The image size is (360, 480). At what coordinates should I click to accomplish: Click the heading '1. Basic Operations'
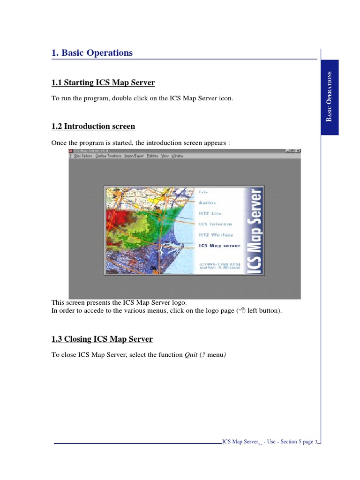92,53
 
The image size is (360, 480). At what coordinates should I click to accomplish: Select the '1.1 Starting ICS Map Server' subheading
103,83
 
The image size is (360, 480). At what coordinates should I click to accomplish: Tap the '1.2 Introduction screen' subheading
93,127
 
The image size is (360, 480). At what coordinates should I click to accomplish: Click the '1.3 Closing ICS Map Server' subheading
102,339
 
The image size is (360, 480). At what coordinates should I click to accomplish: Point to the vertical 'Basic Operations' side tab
330,97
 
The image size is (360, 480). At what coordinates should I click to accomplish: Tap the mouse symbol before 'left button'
242,310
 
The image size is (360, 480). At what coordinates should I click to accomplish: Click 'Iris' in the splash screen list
203,192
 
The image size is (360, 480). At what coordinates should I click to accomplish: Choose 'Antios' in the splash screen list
207,203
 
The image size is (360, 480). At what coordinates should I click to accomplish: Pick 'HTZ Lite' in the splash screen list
210,214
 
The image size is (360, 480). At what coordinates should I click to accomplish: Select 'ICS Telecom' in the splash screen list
215,225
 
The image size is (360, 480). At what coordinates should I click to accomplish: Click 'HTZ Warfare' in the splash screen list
216,235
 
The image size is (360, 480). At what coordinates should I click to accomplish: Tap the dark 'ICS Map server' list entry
219,246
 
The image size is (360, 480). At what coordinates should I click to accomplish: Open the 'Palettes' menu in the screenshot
152,156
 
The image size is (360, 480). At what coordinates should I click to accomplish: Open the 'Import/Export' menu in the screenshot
134,156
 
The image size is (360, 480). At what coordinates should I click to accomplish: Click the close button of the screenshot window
298,151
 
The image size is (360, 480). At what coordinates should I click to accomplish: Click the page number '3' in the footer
316,442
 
